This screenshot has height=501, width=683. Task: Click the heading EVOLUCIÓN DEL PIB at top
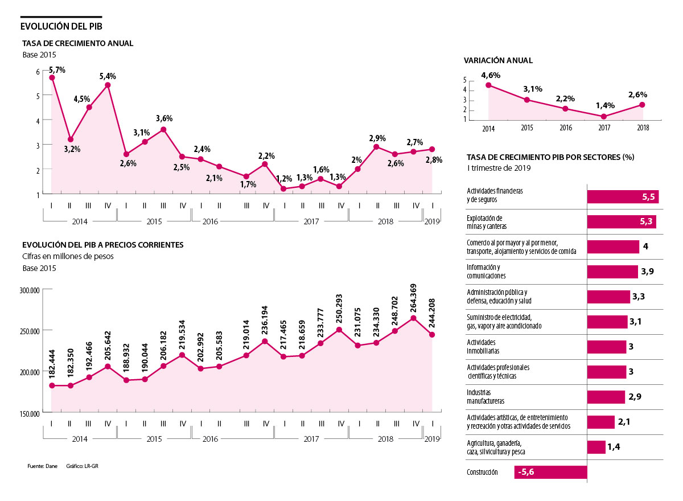tap(61, 26)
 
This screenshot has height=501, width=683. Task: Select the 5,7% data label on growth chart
tap(57, 70)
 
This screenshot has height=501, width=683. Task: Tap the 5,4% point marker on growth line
tap(108, 85)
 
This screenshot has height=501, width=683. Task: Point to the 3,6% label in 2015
tap(164, 119)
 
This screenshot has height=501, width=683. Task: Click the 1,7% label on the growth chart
tap(248, 184)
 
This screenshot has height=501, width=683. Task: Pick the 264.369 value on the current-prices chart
tap(413, 297)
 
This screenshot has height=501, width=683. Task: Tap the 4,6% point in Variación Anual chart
tap(488, 85)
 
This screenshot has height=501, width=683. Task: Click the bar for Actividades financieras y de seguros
tap(623, 197)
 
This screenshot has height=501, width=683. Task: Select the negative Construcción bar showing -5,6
tap(550, 473)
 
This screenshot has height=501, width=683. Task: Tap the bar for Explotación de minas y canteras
tap(622, 222)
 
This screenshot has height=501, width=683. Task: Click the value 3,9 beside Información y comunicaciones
tap(647, 272)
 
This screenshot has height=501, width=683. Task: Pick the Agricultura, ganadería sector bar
tap(596, 447)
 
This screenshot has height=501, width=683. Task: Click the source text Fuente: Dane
tap(39, 466)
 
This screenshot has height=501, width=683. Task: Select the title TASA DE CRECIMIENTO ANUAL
tap(77, 43)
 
